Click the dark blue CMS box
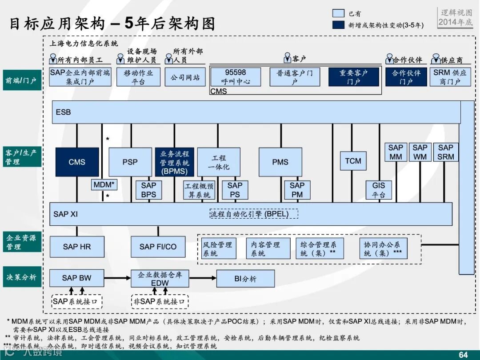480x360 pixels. pyautogui.click(x=77, y=162)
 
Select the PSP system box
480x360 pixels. pyautogui.click(x=130, y=162)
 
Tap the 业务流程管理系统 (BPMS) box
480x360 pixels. pyautogui.click(x=174, y=162)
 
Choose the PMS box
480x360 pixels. pyautogui.click(x=280, y=162)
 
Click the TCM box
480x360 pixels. pyautogui.click(x=353, y=161)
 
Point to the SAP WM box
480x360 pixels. pyautogui.click(x=420, y=152)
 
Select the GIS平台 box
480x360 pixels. pyautogui.click(x=379, y=190)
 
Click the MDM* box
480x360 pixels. pyautogui.click(x=104, y=184)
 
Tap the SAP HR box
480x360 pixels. pyautogui.click(x=77, y=247)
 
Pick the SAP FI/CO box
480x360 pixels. pyautogui.click(x=158, y=247)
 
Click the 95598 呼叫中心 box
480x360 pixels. pyautogui.click(x=235, y=77)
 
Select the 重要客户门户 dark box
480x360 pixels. pyautogui.click(x=354, y=77)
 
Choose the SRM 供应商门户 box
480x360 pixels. pyautogui.click(x=450, y=77)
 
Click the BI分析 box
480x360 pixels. pyautogui.click(x=245, y=279)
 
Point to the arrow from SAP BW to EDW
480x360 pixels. pyautogui.click(x=117, y=279)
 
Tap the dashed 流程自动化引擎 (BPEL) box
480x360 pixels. pyautogui.click(x=253, y=214)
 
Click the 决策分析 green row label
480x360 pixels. pyautogui.click(x=22, y=277)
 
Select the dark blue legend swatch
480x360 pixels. pyautogui.click(x=338, y=25)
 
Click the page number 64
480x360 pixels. pyautogui.click(x=463, y=354)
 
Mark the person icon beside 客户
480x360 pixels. pyautogui.click(x=287, y=59)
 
